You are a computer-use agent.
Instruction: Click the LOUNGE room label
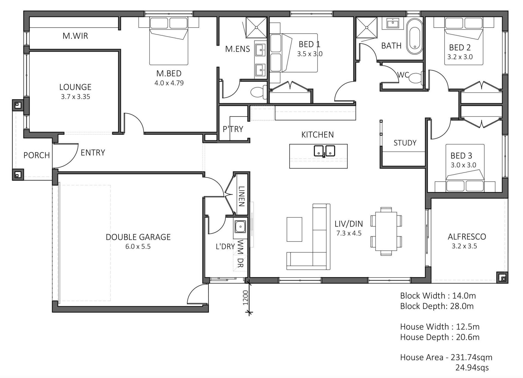click(x=75, y=87)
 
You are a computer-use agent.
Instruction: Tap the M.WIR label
click(x=75, y=36)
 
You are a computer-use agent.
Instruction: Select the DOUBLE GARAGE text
click(x=138, y=237)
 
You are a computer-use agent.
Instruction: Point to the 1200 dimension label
click(x=245, y=298)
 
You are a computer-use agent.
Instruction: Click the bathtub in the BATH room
click(x=415, y=36)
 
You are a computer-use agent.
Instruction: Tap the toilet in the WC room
click(x=416, y=78)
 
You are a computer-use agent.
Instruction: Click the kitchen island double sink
click(x=324, y=151)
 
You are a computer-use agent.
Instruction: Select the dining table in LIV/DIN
click(x=386, y=231)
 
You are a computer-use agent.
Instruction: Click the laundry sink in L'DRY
click(x=240, y=227)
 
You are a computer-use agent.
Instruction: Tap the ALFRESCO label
click(x=467, y=237)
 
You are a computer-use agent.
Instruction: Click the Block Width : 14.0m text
click(x=438, y=296)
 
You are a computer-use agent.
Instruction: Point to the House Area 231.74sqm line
click(x=446, y=357)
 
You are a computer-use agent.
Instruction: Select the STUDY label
click(x=405, y=143)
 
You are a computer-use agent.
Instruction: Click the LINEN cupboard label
click(x=242, y=196)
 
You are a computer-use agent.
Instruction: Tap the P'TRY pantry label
click(x=233, y=129)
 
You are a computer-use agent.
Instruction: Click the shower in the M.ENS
click(x=256, y=27)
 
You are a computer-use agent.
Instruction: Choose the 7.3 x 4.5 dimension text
click(x=349, y=233)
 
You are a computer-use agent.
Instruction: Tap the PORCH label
click(x=37, y=155)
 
